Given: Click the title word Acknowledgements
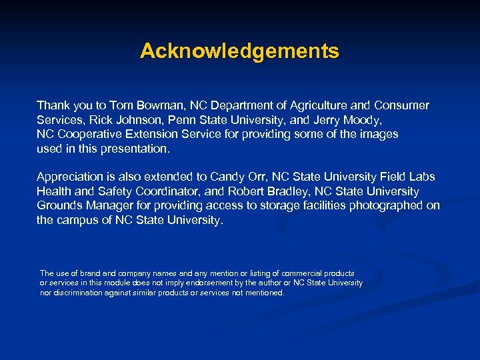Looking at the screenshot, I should [239, 51].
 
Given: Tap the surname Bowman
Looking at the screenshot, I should [163, 105].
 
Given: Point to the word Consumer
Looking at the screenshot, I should [403, 105].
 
